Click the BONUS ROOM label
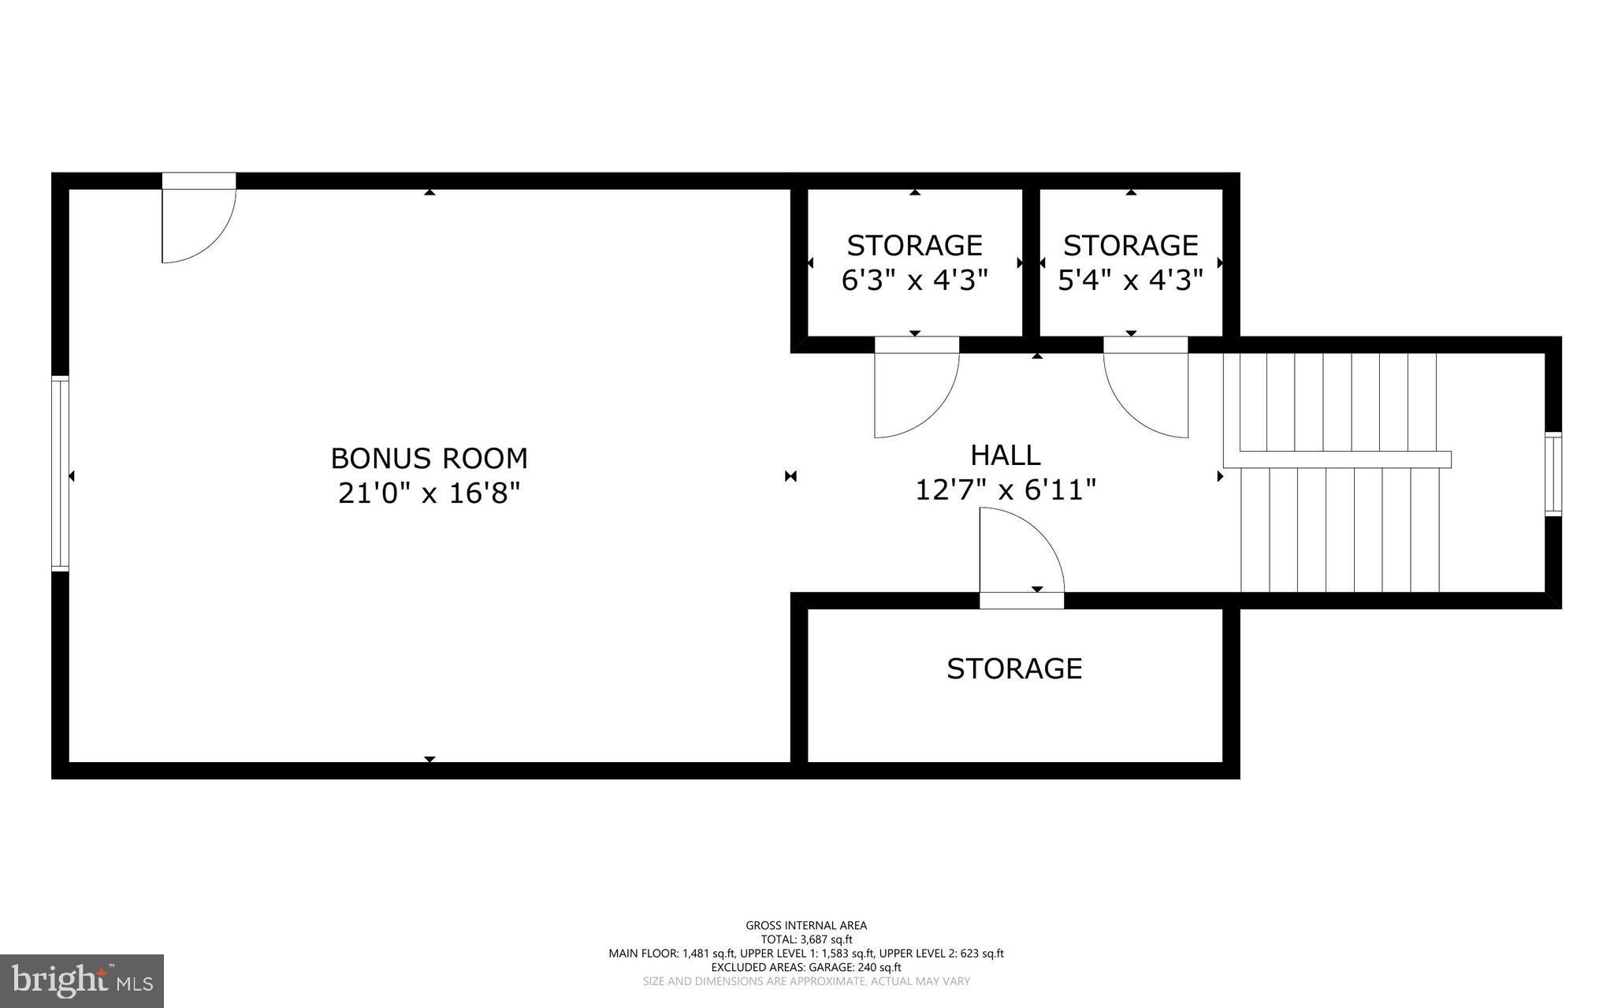429,458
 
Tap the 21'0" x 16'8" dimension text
429,493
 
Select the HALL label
1005,455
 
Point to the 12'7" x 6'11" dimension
1005,490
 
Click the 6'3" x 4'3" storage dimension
914,280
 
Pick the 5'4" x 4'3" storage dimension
1130,280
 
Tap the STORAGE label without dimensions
1013,668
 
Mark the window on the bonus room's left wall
60,474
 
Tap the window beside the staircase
1553,474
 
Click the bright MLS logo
82,980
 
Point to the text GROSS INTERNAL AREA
806,925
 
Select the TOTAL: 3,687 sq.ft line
806,939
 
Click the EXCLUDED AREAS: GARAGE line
806,967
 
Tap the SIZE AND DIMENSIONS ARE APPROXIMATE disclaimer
806,981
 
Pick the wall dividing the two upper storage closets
1031,262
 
